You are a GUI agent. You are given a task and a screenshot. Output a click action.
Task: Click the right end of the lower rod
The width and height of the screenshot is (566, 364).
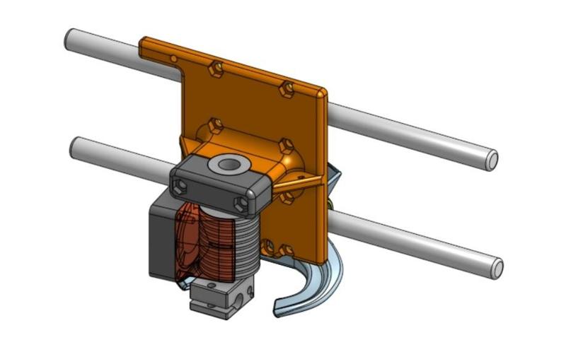[x=497, y=267]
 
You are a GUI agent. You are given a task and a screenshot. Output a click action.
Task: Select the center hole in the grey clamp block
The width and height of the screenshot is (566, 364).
[x=229, y=165]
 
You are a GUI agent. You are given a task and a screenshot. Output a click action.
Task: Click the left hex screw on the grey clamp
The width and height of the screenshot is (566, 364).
[x=179, y=184]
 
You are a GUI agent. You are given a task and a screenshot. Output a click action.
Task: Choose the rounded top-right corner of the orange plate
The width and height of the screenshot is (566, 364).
[x=322, y=93]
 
